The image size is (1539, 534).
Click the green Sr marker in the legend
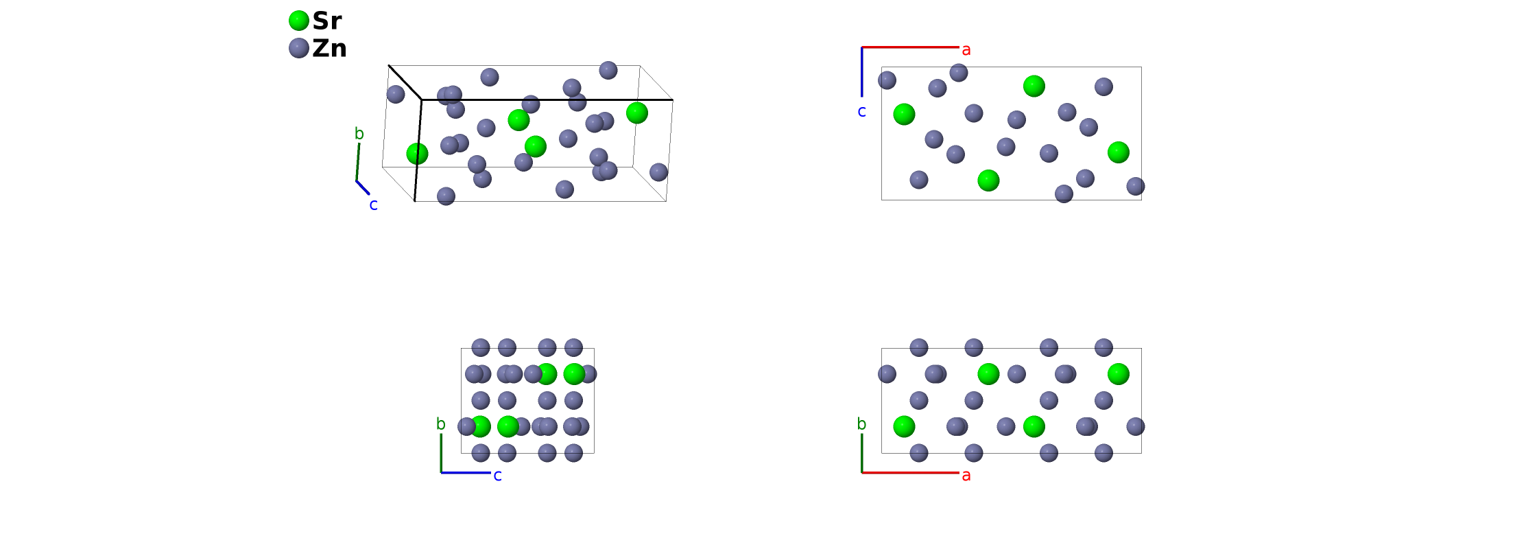click(x=299, y=21)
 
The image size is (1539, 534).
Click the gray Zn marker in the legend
click(x=299, y=48)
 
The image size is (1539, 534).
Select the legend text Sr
click(x=327, y=21)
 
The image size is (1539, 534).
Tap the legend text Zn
click(x=330, y=48)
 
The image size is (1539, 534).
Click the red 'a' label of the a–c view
click(x=966, y=49)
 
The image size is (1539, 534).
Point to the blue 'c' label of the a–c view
click(x=862, y=111)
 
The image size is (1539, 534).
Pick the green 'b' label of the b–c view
click(x=441, y=424)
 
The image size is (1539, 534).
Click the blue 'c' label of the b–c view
click(x=498, y=475)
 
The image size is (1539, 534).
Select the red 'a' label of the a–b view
click(x=966, y=475)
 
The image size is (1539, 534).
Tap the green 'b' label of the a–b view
click(x=862, y=424)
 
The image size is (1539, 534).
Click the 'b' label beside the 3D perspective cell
click(x=359, y=134)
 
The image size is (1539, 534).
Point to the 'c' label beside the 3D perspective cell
click(x=374, y=205)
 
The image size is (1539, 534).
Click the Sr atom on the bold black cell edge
click(x=417, y=153)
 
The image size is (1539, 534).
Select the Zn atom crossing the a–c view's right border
click(x=1136, y=186)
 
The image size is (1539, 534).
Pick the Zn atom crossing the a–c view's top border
click(x=959, y=72)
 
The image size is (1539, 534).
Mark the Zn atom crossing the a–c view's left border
click(x=887, y=80)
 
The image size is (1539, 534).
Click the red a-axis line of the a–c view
click(x=910, y=47)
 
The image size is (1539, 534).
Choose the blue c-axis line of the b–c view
click(x=466, y=472)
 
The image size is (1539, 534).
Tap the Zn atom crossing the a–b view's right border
click(x=1136, y=426)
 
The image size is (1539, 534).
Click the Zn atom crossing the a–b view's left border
click(x=887, y=374)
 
